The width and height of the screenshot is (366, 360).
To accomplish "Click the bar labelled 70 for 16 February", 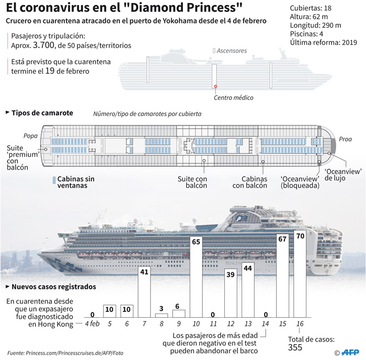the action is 300,274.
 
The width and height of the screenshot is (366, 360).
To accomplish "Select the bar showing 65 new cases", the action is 196,277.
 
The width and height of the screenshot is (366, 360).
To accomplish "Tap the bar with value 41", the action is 144,292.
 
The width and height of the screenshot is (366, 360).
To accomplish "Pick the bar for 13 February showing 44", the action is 248,290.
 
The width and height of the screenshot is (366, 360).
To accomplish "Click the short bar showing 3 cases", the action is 162,316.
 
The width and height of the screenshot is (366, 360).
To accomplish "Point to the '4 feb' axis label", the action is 92,323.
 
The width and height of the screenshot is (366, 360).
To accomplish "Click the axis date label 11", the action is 213,323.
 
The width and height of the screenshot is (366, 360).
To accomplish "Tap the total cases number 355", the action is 295,347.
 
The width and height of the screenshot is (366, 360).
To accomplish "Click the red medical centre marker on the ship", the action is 215,86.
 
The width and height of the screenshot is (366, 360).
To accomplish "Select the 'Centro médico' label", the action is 233,98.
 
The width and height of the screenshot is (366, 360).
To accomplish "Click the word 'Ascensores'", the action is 232,51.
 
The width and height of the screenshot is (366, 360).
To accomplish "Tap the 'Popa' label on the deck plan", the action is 30,136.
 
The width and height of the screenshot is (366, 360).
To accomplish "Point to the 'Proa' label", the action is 345,139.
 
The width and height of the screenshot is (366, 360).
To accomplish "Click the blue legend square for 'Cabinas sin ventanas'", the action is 54,180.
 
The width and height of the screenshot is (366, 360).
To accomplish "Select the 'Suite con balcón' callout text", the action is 192,182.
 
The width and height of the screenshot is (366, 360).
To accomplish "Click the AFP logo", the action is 350,352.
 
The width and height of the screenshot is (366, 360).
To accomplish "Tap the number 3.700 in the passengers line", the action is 43,45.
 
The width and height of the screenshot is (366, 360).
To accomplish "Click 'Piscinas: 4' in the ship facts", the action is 306,34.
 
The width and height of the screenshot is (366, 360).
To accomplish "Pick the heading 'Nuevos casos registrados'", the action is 54,286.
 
